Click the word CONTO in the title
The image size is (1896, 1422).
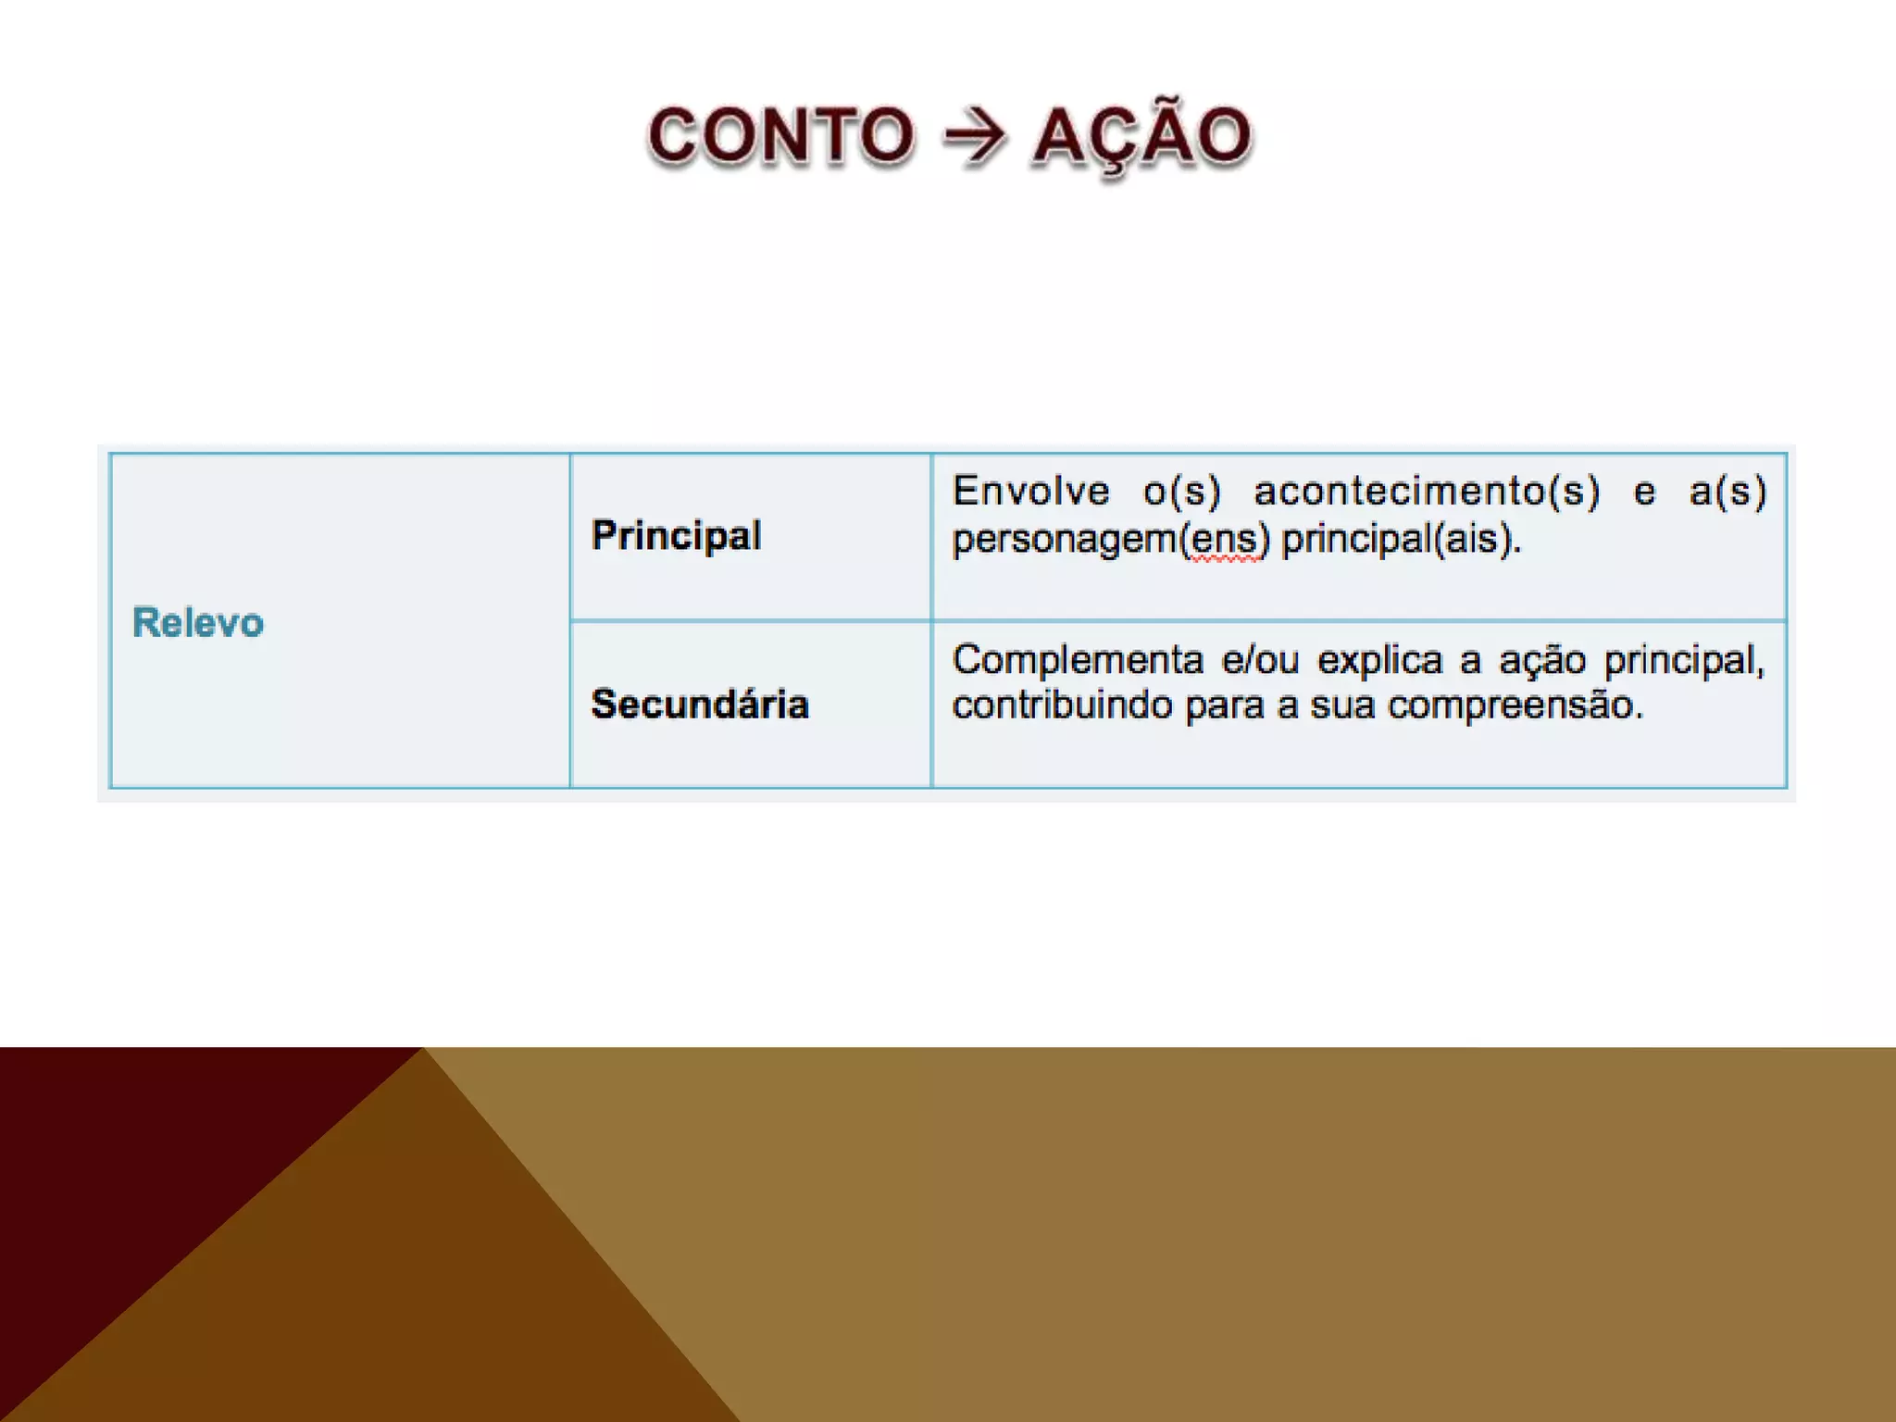(780, 136)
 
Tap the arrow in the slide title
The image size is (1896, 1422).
(973, 137)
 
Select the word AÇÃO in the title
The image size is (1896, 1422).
(1141, 136)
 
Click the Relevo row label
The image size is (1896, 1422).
(198, 622)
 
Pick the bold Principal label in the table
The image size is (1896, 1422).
(676, 535)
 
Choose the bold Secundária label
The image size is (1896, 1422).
(700, 705)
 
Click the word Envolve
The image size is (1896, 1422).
(1030, 491)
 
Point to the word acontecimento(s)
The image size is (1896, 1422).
(1427, 491)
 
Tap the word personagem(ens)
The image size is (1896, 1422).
(1110, 539)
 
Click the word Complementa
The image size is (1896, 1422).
(1078, 660)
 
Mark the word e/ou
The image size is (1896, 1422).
(1260, 660)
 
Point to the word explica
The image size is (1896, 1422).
(1379, 660)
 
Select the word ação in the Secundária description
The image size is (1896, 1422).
(1541, 661)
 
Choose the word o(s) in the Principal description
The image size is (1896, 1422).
(1182, 491)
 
